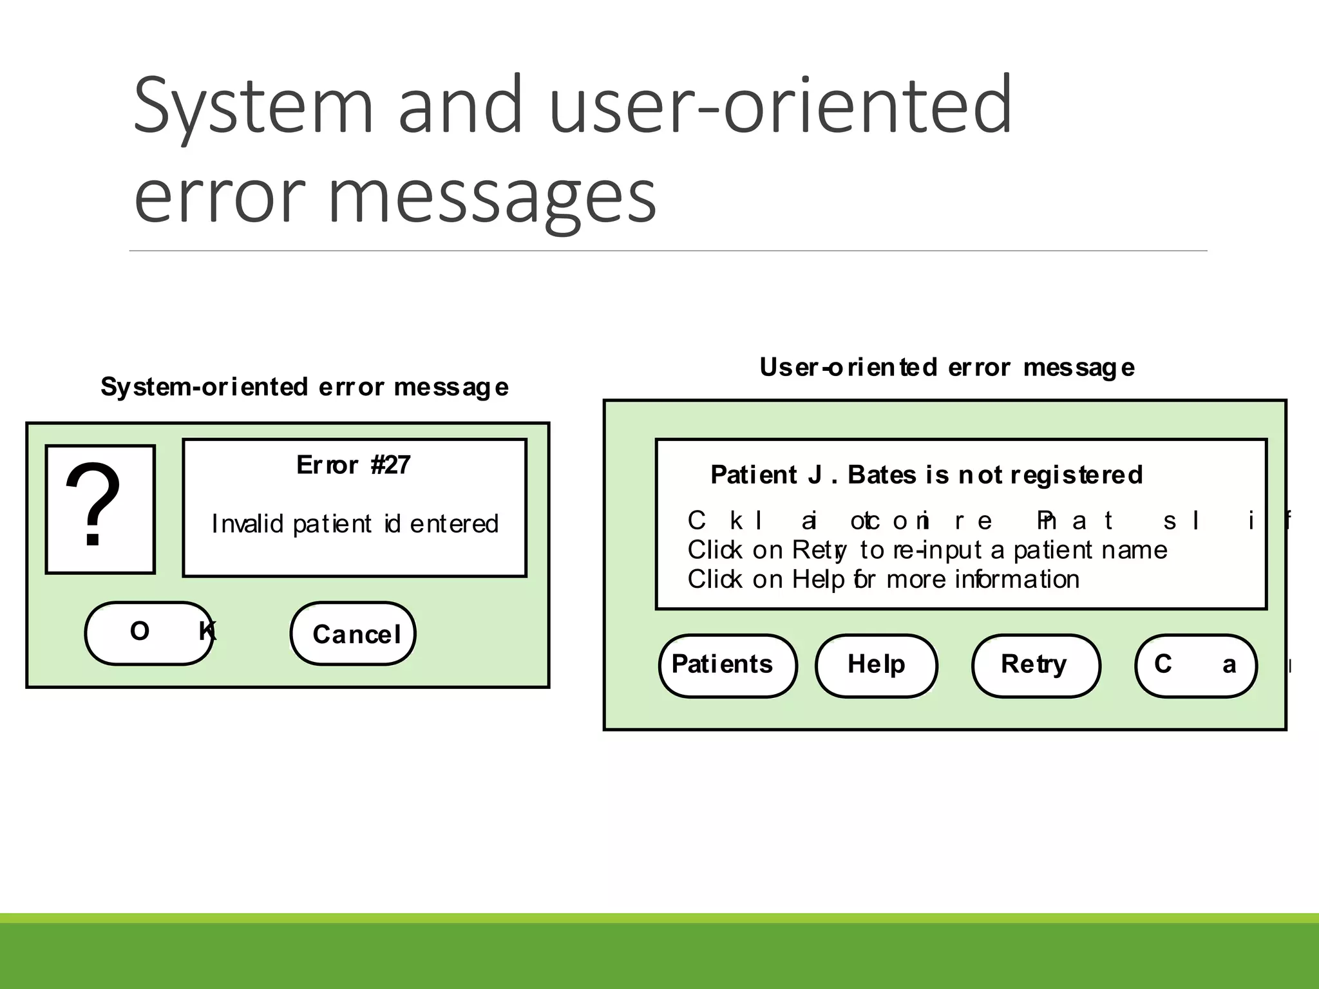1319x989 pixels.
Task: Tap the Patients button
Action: click(x=727, y=665)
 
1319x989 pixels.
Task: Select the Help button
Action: click(x=876, y=665)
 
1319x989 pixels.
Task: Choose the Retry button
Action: click(x=1034, y=665)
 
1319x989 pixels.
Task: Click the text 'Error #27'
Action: click(x=353, y=465)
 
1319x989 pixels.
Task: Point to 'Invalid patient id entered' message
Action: click(x=355, y=524)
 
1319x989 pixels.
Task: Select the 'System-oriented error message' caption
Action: click(x=304, y=387)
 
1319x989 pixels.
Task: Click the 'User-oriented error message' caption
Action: click(x=947, y=368)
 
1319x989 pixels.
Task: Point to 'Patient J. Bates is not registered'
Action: click(x=926, y=475)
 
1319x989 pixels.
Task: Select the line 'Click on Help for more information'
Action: click(x=883, y=579)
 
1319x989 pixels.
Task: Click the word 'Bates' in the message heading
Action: click(x=882, y=475)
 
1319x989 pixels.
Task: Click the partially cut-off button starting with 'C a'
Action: click(x=1195, y=665)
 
